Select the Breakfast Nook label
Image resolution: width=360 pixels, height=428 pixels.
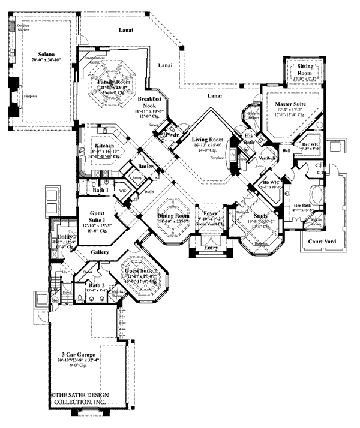[x=147, y=101]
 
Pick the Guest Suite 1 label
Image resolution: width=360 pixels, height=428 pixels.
[x=97, y=215]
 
